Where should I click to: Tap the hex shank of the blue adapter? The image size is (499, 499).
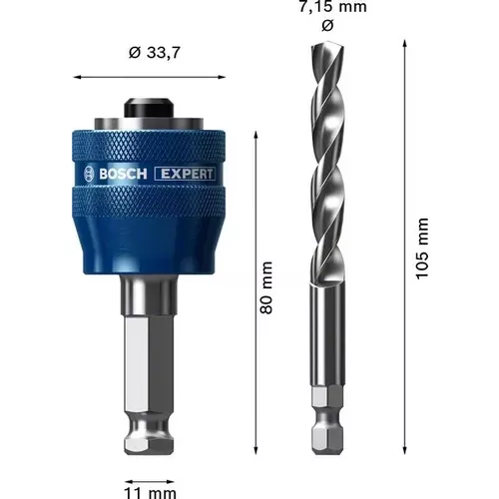point(150,379)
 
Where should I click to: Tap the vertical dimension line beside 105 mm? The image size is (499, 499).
point(404,249)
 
